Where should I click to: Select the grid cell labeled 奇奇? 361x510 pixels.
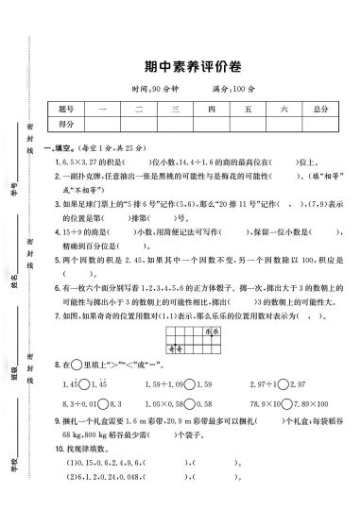(x=175, y=348)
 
